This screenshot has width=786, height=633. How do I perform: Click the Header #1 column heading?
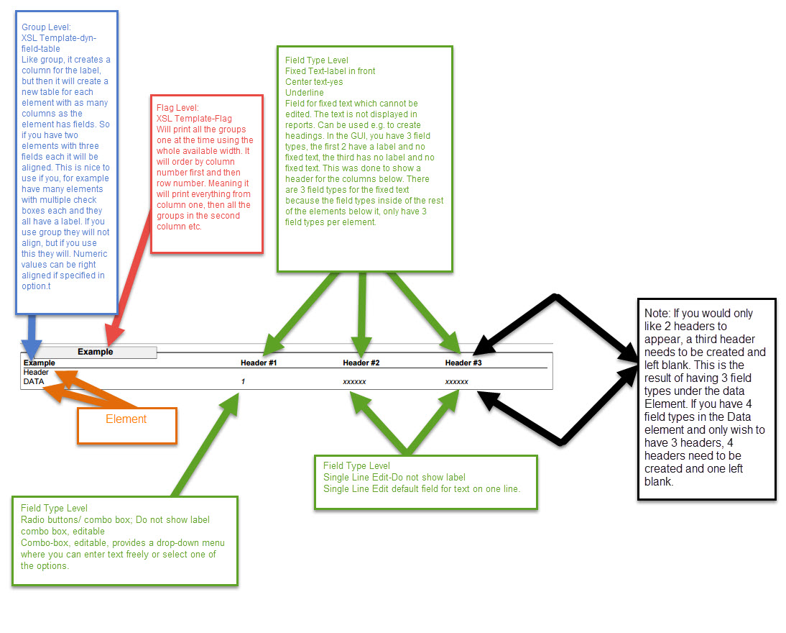pos(259,363)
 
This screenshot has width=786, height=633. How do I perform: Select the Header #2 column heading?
pos(361,363)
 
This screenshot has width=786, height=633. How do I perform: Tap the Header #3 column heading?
pos(463,363)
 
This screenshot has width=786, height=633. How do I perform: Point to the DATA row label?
pos(34,382)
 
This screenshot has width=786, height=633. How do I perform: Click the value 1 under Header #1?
pos(243,382)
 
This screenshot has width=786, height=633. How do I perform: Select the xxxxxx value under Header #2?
pos(355,382)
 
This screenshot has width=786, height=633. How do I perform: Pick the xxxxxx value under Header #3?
pos(457,382)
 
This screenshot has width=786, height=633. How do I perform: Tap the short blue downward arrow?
pos(29,333)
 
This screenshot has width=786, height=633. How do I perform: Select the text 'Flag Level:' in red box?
pos(177,107)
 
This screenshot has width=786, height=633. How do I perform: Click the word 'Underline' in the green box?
pos(304,93)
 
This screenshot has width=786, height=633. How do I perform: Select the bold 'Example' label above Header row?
pos(40,363)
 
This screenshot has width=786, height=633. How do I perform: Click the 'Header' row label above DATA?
pos(36,373)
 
